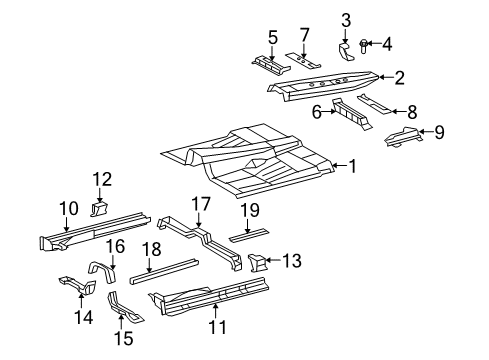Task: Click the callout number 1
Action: click(x=351, y=165)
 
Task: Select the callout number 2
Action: click(x=399, y=76)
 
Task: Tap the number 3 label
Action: click(x=346, y=19)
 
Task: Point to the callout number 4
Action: click(x=388, y=43)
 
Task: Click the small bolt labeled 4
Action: click(x=365, y=43)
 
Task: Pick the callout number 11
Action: click(x=217, y=326)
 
